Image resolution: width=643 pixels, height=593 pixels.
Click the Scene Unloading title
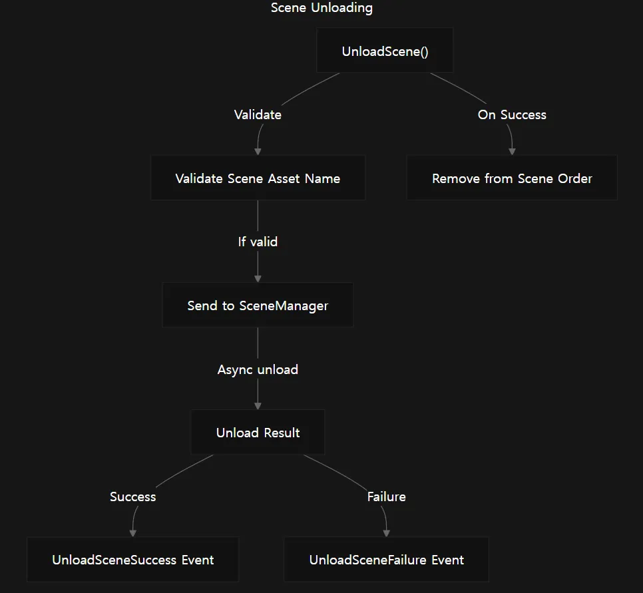pyautogui.click(x=321, y=8)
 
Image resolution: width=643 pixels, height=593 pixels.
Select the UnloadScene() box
pyautogui.click(x=385, y=51)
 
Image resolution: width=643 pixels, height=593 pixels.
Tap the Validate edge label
pyautogui.click(x=258, y=114)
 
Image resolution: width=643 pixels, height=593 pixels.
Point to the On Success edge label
pyautogui.click(x=512, y=114)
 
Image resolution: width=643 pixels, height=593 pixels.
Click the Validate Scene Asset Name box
pyautogui.click(x=258, y=178)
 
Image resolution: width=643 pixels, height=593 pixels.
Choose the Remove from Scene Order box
pyautogui.click(x=512, y=178)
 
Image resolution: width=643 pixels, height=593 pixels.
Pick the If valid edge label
pyautogui.click(x=258, y=242)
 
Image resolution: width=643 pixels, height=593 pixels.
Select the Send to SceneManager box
pyautogui.click(x=258, y=305)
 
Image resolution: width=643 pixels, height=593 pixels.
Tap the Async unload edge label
pyautogui.click(x=258, y=369)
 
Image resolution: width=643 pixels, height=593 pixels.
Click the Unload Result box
pyautogui.click(x=258, y=432)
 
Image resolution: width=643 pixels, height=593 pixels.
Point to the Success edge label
pyautogui.click(x=133, y=496)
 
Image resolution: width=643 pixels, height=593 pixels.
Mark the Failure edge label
pyautogui.click(x=386, y=496)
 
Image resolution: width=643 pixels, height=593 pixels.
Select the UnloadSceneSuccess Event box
pyautogui.click(x=133, y=559)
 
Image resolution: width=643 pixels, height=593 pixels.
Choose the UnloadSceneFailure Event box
pyautogui.click(x=386, y=559)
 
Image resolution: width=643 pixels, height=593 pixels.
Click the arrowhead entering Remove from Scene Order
pyautogui.click(x=512, y=152)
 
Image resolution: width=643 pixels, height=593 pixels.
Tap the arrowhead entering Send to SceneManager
pyautogui.click(x=258, y=279)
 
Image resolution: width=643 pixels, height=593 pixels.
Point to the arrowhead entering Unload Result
pyautogui.click(x=258, y=406)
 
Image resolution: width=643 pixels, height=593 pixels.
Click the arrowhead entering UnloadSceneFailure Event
pyautogui.click(x=386, y=533)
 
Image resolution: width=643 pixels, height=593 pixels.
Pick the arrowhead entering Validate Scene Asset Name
pyautogui.click(x=258, y=152)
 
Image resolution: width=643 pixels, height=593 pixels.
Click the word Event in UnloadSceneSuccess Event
pyautogui.click(x=198, y=560)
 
